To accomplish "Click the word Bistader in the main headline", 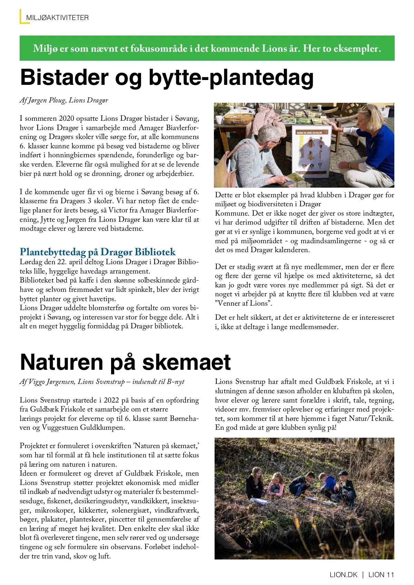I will [64, 78].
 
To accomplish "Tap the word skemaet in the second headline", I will [187, 362].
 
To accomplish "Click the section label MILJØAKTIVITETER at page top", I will [57, 18].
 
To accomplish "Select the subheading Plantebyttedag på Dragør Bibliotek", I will [98, 252].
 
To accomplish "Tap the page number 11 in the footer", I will [390, 575].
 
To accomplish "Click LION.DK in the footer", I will [344, 575].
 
